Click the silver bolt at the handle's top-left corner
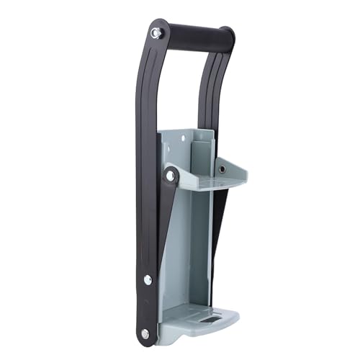(156, 33)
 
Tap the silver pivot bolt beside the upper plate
(170, 176)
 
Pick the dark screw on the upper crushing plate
(222, 168)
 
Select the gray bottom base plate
(198, 317)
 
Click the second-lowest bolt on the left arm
(148, 279)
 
